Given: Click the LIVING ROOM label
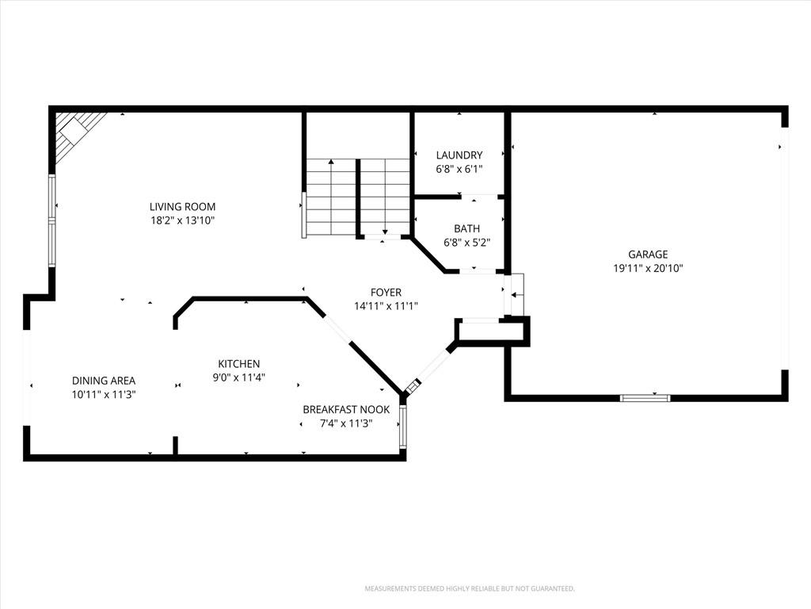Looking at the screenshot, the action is click(x=183, y=207).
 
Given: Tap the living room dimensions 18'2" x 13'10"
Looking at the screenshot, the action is click(x=183, y=220).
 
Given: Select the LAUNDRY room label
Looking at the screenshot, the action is click(x=459, y=155).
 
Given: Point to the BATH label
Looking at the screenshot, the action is click(x=467, y=228).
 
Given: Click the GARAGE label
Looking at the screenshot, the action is click(x=648, y=255).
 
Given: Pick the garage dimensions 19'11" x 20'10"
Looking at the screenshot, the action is click(x=648, y=268).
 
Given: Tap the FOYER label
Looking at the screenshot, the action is click(x=386, y=292).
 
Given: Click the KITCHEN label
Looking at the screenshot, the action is click(x=239, y=363).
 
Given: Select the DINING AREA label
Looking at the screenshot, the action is click(x=104, y=381).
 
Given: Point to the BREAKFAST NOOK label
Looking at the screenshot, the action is click(x=347, y=410).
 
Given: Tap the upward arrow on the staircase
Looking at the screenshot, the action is click(x=331, y=197).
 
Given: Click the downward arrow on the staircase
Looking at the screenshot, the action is click(x=386, y=197).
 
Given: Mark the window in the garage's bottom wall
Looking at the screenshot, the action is click(x=645, y=398).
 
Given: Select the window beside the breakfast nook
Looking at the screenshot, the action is click(x=403, y=427).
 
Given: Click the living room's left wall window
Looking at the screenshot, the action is click(x=51, y=220).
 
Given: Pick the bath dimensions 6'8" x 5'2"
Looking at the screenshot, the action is click(x=467, y=243).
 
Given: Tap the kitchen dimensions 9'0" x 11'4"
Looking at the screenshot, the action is click(x=239, y=377).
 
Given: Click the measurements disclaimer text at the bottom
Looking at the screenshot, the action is click(x=470, y=589).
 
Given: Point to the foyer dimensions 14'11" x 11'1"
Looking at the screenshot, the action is click(x=386, y=306).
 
